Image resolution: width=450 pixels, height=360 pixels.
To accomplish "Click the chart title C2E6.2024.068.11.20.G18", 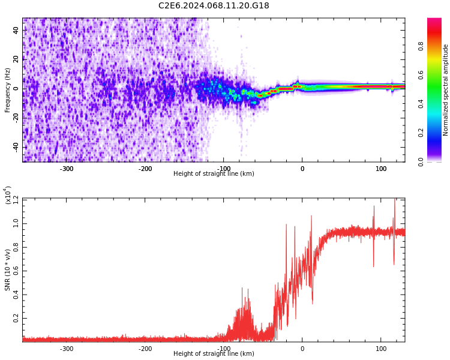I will (x=214, y=6).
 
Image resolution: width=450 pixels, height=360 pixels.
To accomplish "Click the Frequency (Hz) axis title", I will (x=8, y=90).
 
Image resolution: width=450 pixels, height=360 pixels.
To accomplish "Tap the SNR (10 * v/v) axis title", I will (x=8, y=270).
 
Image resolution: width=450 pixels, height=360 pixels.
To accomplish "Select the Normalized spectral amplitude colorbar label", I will (x=446, y=90).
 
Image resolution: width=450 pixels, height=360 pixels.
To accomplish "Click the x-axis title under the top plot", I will (x=214, y=174).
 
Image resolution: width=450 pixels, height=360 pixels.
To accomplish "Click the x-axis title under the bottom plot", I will (x=214, y=354).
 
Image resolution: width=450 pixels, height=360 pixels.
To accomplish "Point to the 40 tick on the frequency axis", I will (x=16, y=31).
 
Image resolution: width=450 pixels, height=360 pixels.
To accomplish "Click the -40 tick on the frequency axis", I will (x=15, y=147).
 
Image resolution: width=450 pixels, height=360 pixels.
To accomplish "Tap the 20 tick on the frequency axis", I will (x=16, y=59).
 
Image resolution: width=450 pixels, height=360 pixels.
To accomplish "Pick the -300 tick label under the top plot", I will (x=67, y=169).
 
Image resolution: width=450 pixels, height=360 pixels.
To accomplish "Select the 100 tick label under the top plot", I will (x=381, y=169).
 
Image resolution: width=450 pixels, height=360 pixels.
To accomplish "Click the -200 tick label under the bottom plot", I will (x=145, y=349).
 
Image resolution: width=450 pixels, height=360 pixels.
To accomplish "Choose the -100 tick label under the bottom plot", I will (x=224, y=349).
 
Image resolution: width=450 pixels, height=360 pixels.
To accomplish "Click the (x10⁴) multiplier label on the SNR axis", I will (x=8, y=194).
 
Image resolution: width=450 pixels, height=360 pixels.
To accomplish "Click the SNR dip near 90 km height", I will (x=373, y=266).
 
